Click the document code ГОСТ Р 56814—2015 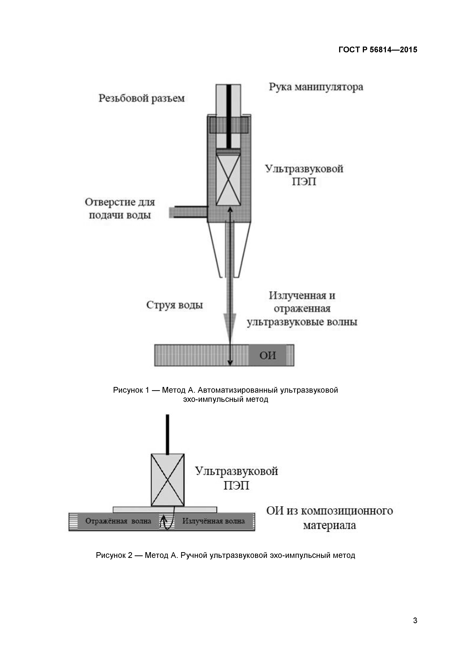click(x=378, y=50)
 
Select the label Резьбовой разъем click(x=142, y=98)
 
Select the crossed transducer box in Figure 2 click(x=168, y=480)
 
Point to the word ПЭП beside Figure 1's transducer click(x=304, y=182)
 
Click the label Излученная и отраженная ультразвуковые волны click(x=302, y=309)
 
